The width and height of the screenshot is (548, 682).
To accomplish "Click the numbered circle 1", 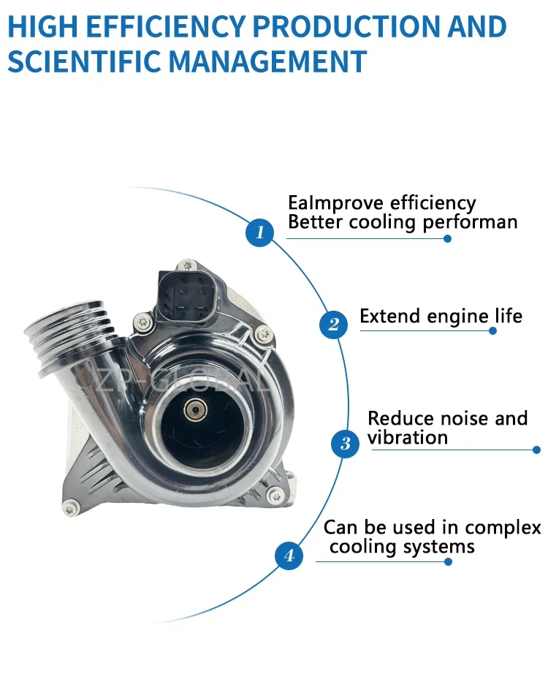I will click(260, 233).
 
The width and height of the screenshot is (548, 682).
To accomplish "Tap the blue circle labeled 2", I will click(333, 324).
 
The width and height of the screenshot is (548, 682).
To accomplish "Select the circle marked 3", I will click(345, 443).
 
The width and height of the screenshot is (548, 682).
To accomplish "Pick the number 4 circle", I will click(289, 556).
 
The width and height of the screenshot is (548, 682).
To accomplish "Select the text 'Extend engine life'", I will click(441, 317).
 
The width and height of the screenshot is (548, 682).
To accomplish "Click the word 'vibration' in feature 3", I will click(407, 438).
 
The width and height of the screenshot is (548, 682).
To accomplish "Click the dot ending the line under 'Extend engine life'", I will click(492, 331).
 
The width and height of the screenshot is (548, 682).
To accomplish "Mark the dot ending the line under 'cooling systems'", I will click(449, 562).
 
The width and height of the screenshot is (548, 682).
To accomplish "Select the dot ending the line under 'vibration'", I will click(537, 450).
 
